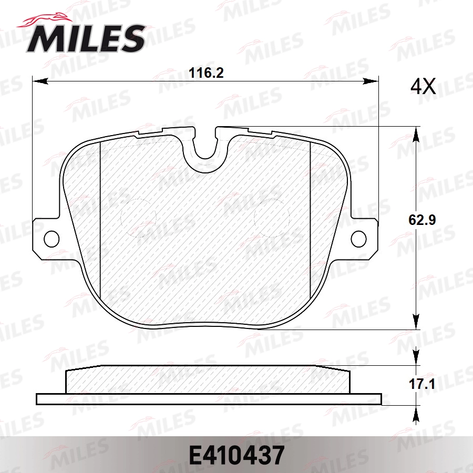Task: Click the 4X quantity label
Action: pyautogui.click(x=423, y=87)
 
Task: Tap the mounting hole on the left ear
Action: pyautogui.click(x=51, y=238)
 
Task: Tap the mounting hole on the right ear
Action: pyautogui.click(x=359, y=238)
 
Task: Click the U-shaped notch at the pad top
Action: pyautogui.click(x=205, y=147)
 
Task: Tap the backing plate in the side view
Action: pyautogui.click(x=208, y=399)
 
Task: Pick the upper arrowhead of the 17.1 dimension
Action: pyautogui.click(x=416, y=357)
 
